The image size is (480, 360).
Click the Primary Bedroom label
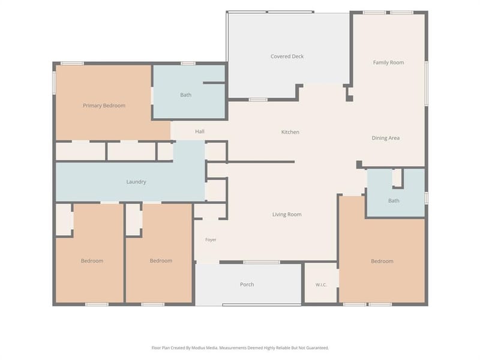104,106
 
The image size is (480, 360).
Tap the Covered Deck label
287,56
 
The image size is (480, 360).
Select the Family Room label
388,62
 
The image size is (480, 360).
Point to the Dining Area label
385,138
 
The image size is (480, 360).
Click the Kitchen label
290,132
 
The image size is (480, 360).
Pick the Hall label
200,131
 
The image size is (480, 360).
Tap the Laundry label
136,182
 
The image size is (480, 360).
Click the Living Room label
287,214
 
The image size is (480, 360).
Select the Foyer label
211,239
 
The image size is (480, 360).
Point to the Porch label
247,284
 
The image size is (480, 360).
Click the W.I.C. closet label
321,285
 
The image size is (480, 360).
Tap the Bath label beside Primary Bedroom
186,95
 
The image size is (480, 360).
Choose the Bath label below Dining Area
394,201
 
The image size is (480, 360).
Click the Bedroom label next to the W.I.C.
382,261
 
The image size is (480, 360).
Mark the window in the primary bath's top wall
188,64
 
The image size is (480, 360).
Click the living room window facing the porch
262,262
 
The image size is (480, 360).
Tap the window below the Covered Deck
258,100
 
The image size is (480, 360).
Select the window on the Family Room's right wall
426,83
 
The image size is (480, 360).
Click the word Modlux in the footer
198,348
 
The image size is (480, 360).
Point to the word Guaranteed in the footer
318,348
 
